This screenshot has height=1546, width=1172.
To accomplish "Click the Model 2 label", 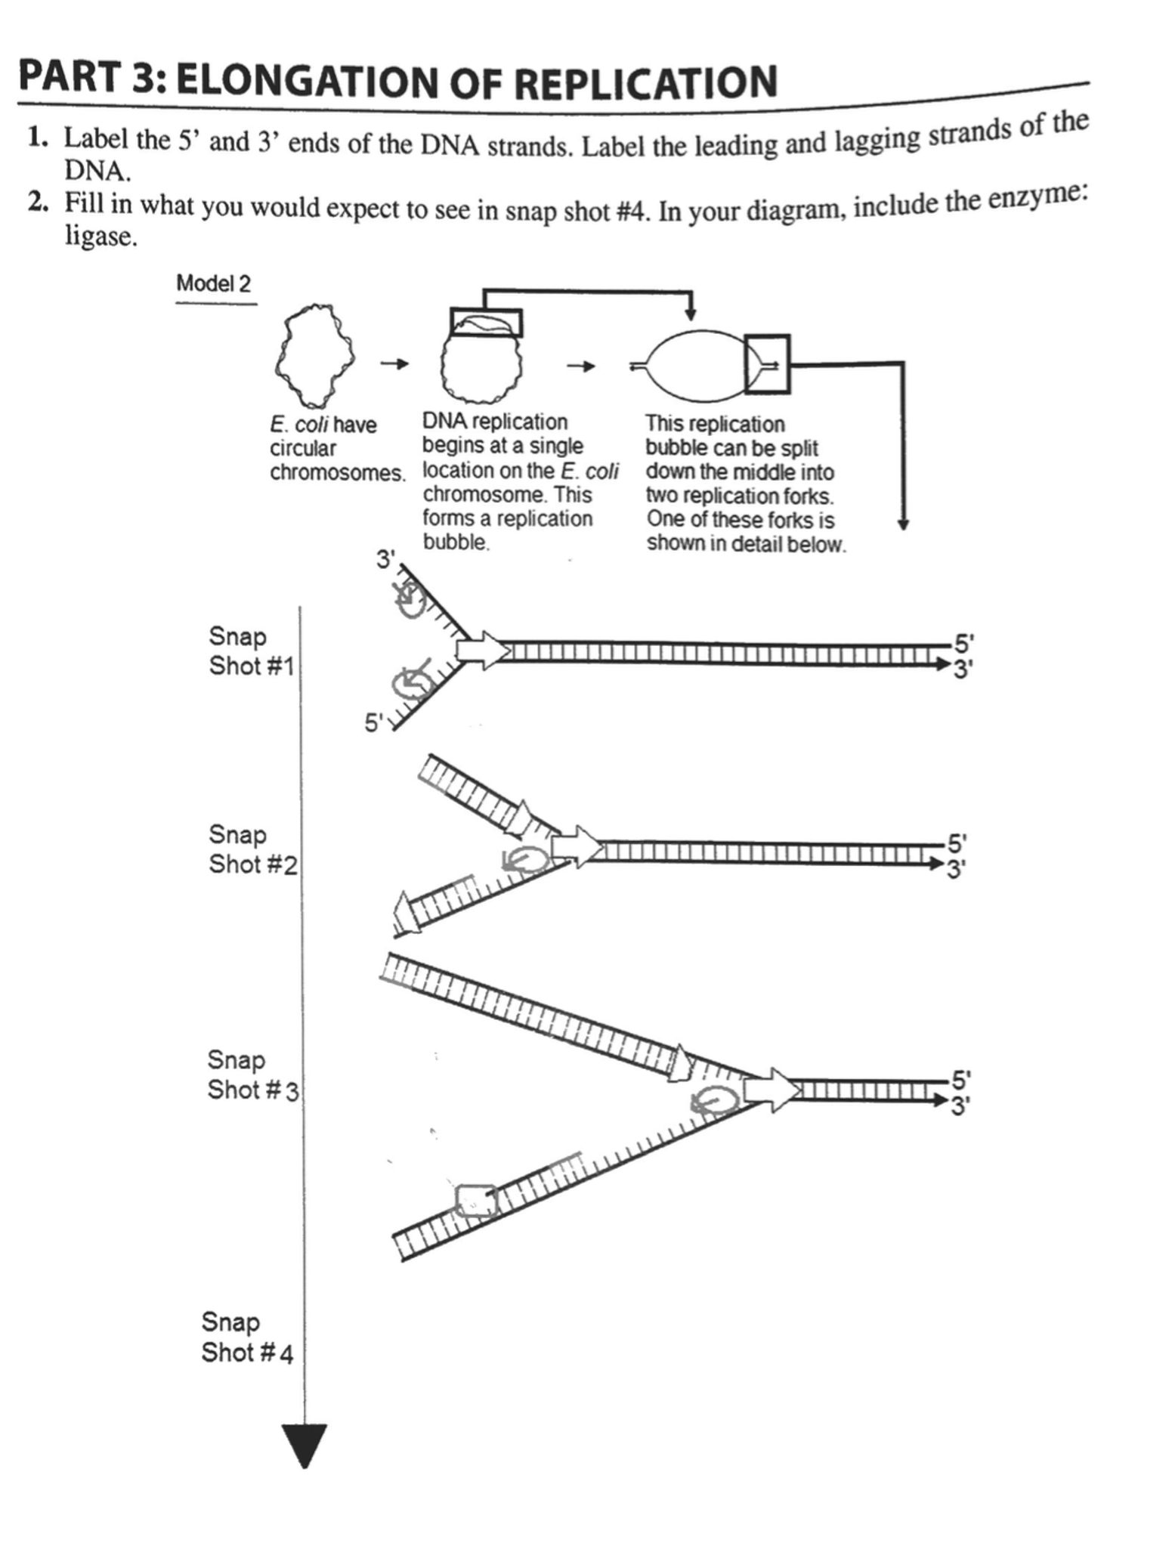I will click(x=213, y=283).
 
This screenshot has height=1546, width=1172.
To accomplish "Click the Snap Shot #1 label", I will click(x=250, y=651).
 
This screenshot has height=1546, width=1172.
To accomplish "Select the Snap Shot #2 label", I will click(x=252, y=849).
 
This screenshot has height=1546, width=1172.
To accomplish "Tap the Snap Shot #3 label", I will click(x=252, y=1074).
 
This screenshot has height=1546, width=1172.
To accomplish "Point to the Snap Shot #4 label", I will click(x=246, y=1337).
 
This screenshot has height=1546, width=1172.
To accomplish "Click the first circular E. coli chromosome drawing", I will click(x=314, y=355).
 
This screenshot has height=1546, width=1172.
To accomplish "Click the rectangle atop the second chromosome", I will click(x=486, y=323).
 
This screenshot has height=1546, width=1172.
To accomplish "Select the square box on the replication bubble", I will click(x=766, y=364).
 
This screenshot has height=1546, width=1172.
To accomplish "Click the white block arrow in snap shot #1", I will click(x=482, y=651).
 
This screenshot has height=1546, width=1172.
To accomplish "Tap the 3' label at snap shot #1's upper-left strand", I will click(x=385, y=560).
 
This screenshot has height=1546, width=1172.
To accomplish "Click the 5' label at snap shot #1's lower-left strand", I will click(x=374, y=723).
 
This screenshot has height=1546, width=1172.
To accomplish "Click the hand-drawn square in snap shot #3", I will click(x=475, y=1201).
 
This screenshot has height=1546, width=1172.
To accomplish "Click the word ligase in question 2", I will click(x=101, y=237).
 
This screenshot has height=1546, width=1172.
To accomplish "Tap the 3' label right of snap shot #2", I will click(x=957, y=870).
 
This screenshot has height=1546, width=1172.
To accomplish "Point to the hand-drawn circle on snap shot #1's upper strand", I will click(x=411, y=603).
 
